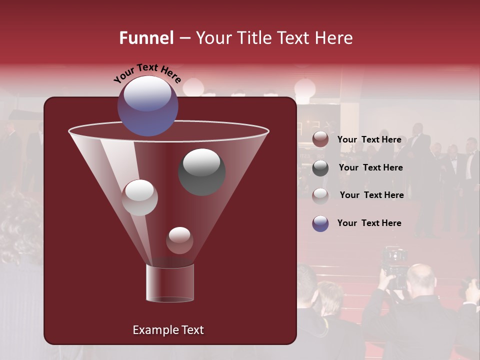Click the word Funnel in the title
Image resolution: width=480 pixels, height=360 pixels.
click(x=146, y=38)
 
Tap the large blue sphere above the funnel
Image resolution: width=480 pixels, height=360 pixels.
click(x=147, y=106)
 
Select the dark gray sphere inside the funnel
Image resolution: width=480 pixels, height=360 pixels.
click(x=201, y=171)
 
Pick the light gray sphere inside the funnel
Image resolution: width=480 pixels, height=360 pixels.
click(x=139, y=197)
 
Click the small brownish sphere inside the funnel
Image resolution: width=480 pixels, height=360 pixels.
click(x=179, y=240)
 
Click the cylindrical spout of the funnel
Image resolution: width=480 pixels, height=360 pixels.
click(x=169, y=283)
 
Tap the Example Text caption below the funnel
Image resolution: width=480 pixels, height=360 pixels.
click(x=168, y=330)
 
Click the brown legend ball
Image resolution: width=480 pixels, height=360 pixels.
click(x=320, y=139)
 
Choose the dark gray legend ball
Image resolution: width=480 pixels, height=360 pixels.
click(x=320, y=168)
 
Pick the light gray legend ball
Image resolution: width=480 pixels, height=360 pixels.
click(x=320, y=196)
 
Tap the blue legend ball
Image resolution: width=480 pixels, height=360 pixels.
click(x=320, y=223)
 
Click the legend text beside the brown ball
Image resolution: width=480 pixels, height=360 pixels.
click(x=369, y=139)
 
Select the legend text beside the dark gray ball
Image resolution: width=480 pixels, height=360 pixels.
click(x=370, y=167)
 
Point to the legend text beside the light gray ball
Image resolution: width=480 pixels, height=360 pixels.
click(x=371, y=195)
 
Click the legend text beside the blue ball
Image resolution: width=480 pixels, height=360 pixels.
click(x=369, y=223)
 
